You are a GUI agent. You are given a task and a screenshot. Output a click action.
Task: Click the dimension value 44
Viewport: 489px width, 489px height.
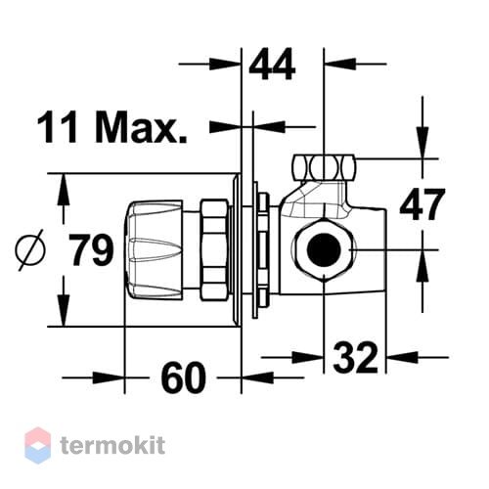272,65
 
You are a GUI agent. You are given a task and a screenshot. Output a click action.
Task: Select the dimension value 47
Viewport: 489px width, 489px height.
422,204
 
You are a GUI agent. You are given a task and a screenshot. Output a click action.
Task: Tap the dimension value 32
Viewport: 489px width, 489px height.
355,358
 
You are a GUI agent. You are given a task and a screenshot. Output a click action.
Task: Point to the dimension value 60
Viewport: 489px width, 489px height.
184,378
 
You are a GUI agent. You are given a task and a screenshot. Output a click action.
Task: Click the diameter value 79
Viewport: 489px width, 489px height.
93,249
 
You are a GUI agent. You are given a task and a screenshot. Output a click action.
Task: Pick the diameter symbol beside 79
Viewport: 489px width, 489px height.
30,249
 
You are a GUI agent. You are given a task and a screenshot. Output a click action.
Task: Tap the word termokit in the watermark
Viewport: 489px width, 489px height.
112,446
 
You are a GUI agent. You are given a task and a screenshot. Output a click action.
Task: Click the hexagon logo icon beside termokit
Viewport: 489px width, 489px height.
38,445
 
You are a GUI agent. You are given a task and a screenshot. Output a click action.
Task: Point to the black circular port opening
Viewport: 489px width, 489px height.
324,249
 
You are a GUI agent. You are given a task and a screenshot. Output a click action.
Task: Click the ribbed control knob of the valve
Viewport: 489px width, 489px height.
154,250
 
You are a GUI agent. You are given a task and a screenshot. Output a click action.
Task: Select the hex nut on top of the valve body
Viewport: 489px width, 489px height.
324,168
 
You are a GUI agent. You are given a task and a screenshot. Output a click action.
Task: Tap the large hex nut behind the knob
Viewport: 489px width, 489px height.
214,249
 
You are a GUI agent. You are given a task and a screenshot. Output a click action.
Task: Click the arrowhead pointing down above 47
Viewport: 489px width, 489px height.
422,144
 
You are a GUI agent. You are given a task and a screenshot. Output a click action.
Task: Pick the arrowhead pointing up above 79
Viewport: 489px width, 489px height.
64,190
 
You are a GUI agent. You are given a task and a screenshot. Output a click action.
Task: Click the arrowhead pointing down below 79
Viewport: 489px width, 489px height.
64,310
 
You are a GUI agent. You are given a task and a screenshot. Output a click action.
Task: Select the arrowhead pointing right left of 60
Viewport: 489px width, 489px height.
109,378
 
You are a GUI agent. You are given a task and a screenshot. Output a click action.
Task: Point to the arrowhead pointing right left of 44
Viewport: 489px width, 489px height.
225,65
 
